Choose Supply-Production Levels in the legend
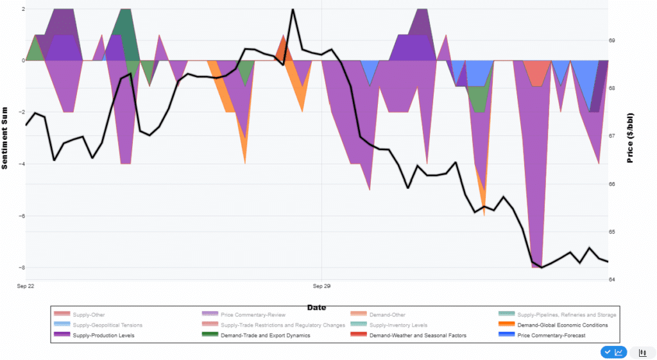pyautogui.click(x=103, y=335)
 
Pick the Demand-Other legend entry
pyautogui.click(x=388, y=314)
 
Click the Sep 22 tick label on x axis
pyautogui.click(x=26, y=286)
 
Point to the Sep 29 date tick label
pyautogui.click(x=321, y=286)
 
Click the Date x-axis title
pyautogui.click(x=316, y=307)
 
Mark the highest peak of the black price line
pyautogui.click(x=293, y=10)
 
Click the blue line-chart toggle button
pyautogui.click(x=613, y=352)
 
